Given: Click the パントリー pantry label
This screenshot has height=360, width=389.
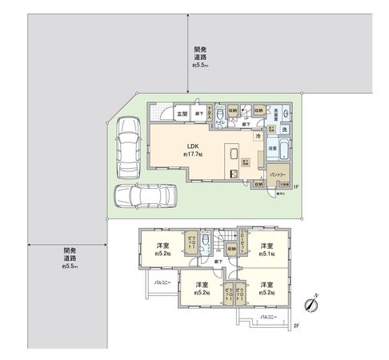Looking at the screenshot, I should click(277, 174).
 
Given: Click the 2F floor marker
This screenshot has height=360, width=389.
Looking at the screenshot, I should click(295, 325).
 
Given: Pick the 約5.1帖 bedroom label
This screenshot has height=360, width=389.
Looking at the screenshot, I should click(267, 249).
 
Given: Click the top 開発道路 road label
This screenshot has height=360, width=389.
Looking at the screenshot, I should click(200, 58).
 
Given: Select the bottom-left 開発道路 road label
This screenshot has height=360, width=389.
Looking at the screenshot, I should click(70, 258).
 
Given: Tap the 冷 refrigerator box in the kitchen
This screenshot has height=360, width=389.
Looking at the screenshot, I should click(258, 137).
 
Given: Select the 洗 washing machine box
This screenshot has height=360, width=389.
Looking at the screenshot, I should click(285, 130).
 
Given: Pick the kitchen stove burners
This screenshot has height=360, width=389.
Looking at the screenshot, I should click(234, 173).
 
